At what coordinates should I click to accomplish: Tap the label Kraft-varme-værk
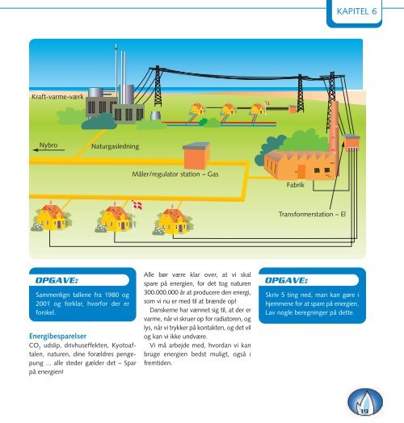point(57,97)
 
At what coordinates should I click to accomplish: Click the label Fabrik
point(295,185)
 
